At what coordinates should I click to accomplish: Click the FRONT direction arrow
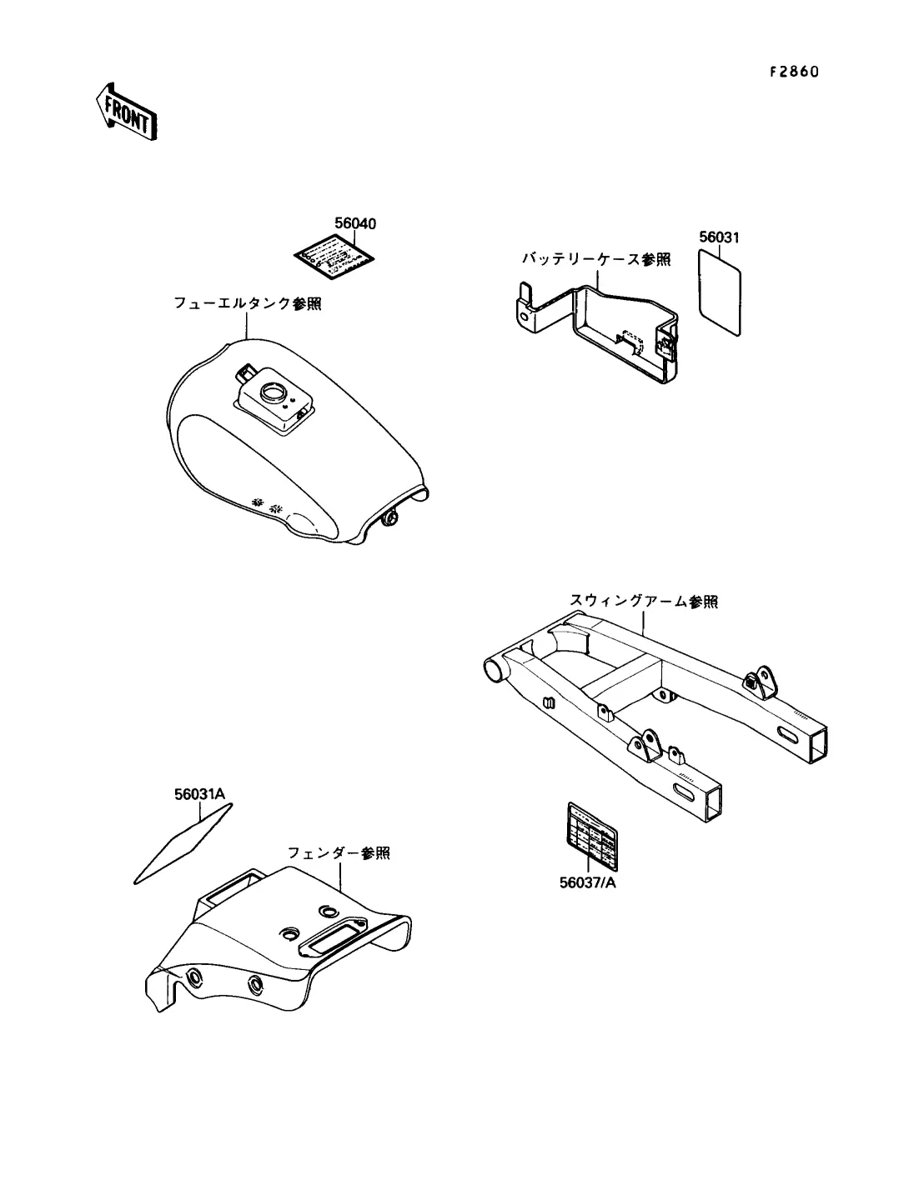(x=126, y=110)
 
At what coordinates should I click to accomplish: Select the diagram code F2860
(x=794, y=72)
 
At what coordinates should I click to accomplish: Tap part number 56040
(x=355, y=223)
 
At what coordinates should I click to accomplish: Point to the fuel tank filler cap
(x=273, y=391)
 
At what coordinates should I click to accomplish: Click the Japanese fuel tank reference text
(x=247, y=304)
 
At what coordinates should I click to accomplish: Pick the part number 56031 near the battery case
(x=719, y=237)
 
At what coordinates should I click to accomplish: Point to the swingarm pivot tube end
(x=494, y=669)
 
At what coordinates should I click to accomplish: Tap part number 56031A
(x=200, y=794)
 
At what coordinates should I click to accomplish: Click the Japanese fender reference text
(x=339, y=853)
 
